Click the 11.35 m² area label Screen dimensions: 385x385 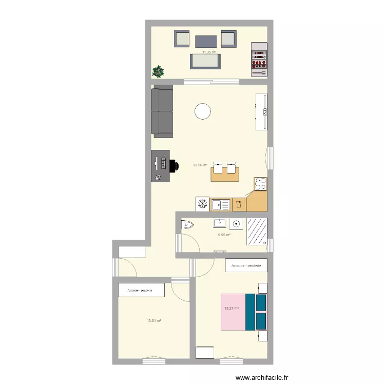[209, 52]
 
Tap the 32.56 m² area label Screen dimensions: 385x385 [200, 165]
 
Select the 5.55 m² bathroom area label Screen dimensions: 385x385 [224, 235]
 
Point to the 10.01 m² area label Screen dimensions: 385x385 [154, 320]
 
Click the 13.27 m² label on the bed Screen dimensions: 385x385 [232, 308]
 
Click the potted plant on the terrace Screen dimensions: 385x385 [158, 71]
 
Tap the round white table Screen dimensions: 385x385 [203, 111]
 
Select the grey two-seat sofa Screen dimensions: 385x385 [162, 111]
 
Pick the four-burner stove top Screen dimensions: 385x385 [260, 184]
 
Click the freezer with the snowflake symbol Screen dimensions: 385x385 [203, 204]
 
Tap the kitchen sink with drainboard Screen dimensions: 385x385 [221, 205]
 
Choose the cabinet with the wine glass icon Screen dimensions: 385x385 [239, 204]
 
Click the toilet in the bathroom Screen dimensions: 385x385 [187, 224]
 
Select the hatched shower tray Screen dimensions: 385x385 [257, 232]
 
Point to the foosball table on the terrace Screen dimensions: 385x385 [259, 60]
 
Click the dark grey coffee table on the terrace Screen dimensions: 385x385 [206, 42]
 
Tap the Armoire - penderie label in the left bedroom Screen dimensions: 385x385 [140, 290]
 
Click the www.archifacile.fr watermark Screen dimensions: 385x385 [262, 377]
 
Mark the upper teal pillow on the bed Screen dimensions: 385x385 [261, 302]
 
